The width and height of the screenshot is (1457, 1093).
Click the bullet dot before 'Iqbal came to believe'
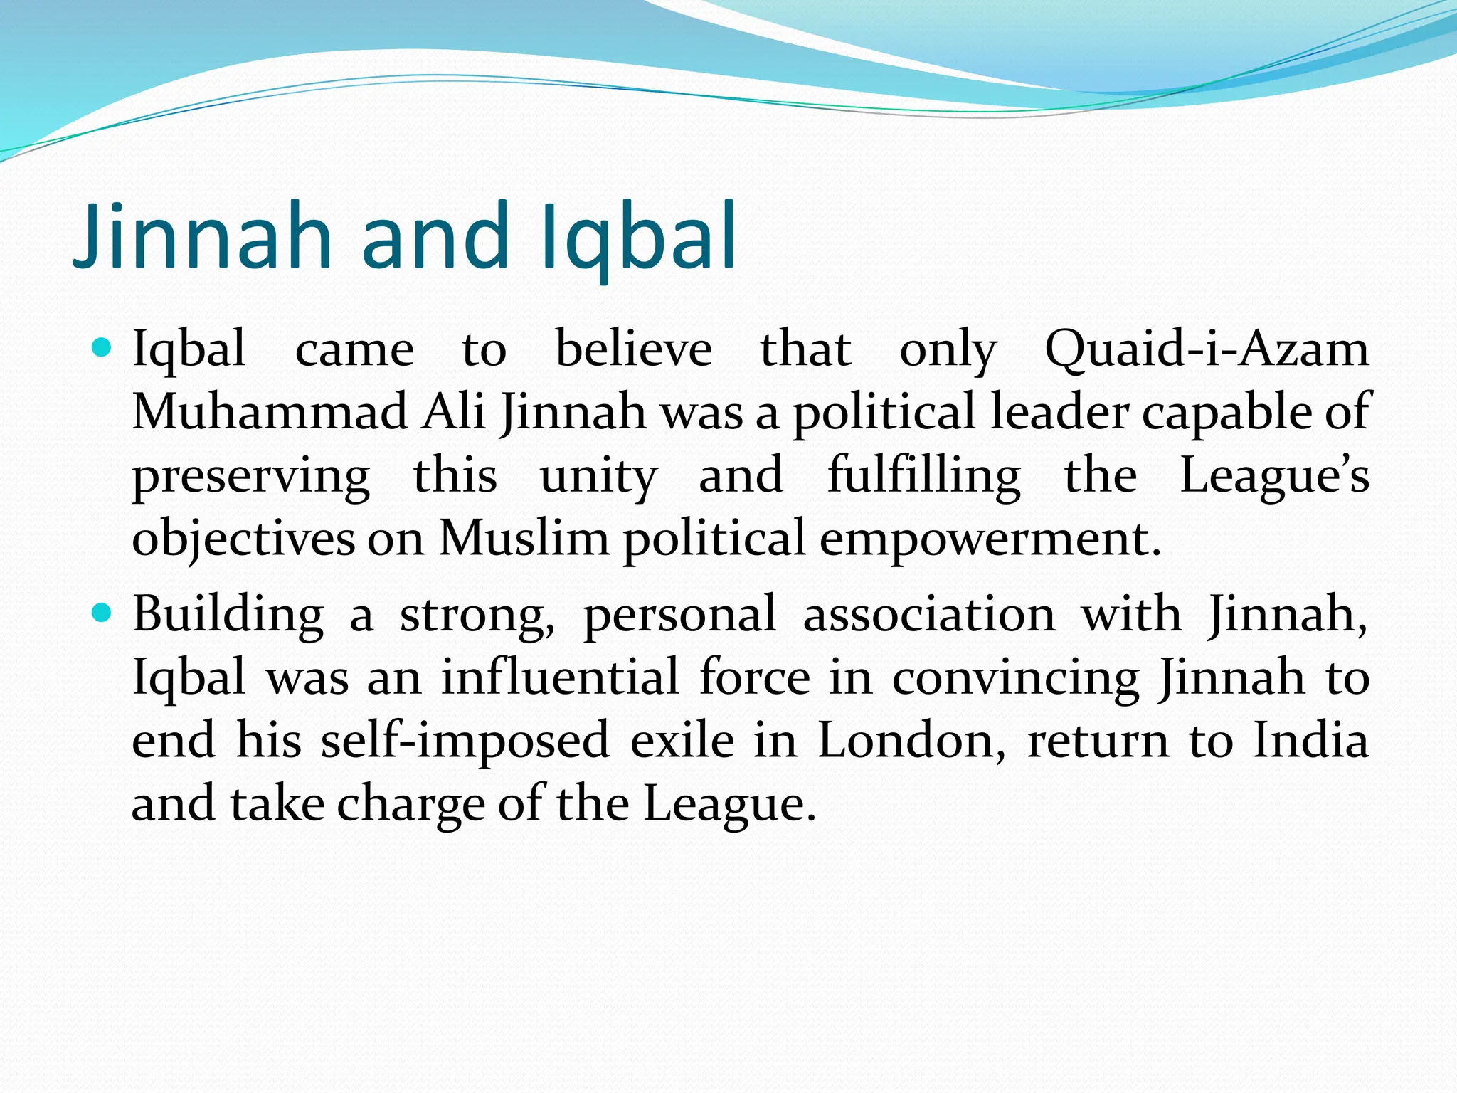tap(102, 349)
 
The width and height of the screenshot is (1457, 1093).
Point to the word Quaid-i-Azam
tap(1207, 350)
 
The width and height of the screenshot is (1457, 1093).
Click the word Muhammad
tap(270, 412)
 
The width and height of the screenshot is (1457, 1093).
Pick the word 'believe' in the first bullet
tap(633, 350)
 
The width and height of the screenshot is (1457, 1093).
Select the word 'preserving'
tap(251, 476)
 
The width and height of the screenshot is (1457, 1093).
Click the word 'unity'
tap(598, 476)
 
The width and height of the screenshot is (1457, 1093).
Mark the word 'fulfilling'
tap(924, 475)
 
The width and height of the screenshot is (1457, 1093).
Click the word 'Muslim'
tap(524, 538)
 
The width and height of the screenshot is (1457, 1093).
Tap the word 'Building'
tap(228, 614)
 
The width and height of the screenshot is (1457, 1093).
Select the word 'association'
tap(929, 614)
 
